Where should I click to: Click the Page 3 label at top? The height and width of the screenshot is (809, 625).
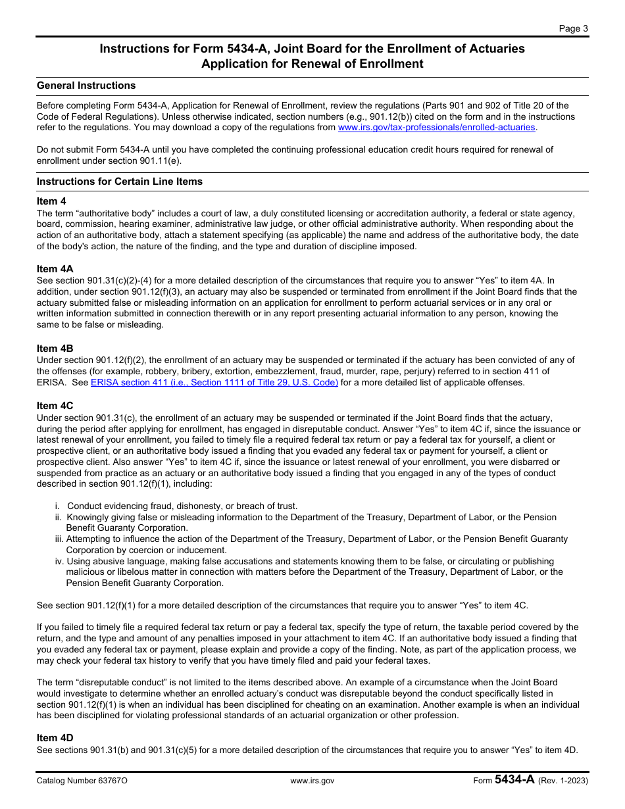pyautogui.click(x=574, y=28)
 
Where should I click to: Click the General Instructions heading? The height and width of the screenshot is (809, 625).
pyautogui.click(x=86, y=86)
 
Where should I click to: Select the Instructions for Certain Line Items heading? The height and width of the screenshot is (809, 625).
pyautogui.click(x=120, y=182)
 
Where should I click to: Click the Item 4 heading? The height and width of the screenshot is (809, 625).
pyautogui.click(x=51, y=201)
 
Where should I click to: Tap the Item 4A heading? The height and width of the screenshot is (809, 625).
pyautogui.click(x=55, y=269)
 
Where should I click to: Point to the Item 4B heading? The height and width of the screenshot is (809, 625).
pyautogui.click(x=55, y=349)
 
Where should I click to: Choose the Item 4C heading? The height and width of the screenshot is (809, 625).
pyautogui.click(x=55, y=406)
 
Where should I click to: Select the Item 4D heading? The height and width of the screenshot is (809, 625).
pyautogui.click(x=55, y=738)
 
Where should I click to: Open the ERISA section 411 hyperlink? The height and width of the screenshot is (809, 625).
pyautogui.click(x=214, y=382)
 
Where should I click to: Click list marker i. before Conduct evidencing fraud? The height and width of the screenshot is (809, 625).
pyautogui.click(x=57, y=506)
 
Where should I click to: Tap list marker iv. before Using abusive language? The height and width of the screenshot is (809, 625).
pyautogui.click(x=59, y=561)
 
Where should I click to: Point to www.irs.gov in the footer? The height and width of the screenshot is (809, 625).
pyautogui.click(x=312, y=781)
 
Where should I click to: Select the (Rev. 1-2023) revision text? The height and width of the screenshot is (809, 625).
pyautogui.click(x=563, y=781)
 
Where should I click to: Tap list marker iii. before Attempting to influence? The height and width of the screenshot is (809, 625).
pyautogui.click(x=59, y=539)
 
